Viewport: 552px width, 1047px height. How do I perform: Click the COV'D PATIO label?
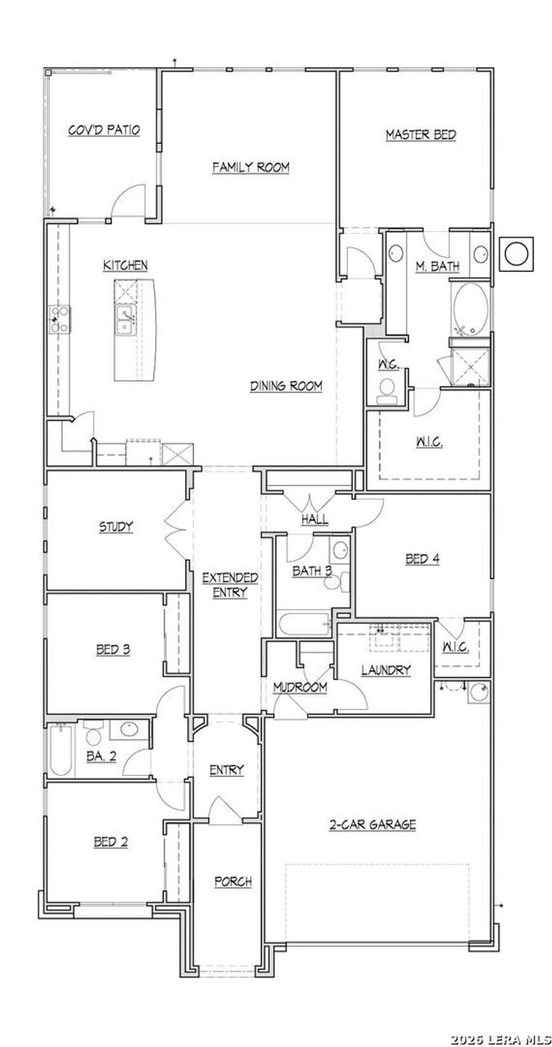[104, 130]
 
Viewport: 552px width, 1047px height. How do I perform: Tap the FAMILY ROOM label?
[251, 167]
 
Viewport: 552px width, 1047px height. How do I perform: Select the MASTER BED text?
[421, 135]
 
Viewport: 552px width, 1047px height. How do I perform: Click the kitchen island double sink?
[126, 320]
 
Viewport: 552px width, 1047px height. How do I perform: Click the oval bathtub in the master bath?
[471, 309]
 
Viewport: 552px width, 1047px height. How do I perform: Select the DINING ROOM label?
[286, 386]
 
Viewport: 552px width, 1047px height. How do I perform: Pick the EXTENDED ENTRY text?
[230, 584]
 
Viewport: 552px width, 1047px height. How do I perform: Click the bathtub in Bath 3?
[304, 625]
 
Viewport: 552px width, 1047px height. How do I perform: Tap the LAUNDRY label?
[386, 670]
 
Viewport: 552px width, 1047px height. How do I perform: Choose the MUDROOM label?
[300, 687]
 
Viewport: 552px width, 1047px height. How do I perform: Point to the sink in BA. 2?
[129, 730]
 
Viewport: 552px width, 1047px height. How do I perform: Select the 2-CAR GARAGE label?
[372, 825]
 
